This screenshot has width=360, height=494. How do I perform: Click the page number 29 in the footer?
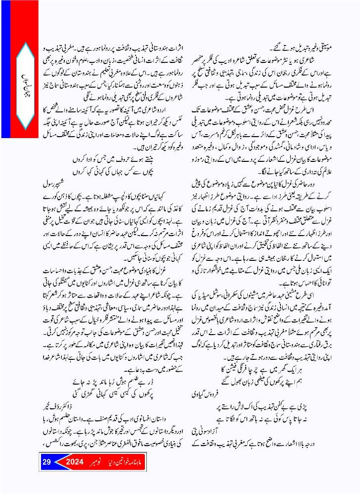pos(47,463)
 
